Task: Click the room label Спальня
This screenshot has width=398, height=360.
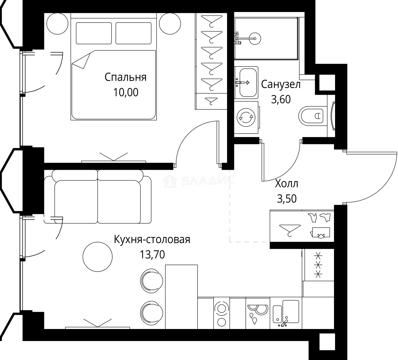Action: click(x=125, y=77)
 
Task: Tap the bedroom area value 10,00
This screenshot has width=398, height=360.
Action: click(x=125, y=92)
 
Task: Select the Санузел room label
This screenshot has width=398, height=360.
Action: click(x=281, y=84)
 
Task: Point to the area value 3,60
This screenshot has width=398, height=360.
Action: click(x=281, y=99)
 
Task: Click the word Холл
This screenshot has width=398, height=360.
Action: click(x=287, y=184)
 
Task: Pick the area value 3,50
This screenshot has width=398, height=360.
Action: click(x=287, y=199)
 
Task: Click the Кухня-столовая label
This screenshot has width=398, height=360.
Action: click(x=152, y=240)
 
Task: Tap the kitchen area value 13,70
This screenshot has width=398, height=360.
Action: click(x=152, y=255)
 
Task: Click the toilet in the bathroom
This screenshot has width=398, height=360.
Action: click(x=312, y=116)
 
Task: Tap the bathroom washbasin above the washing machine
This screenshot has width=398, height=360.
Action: click(x=246, y=82)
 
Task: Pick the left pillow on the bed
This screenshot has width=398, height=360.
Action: click(x=94, y=33)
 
